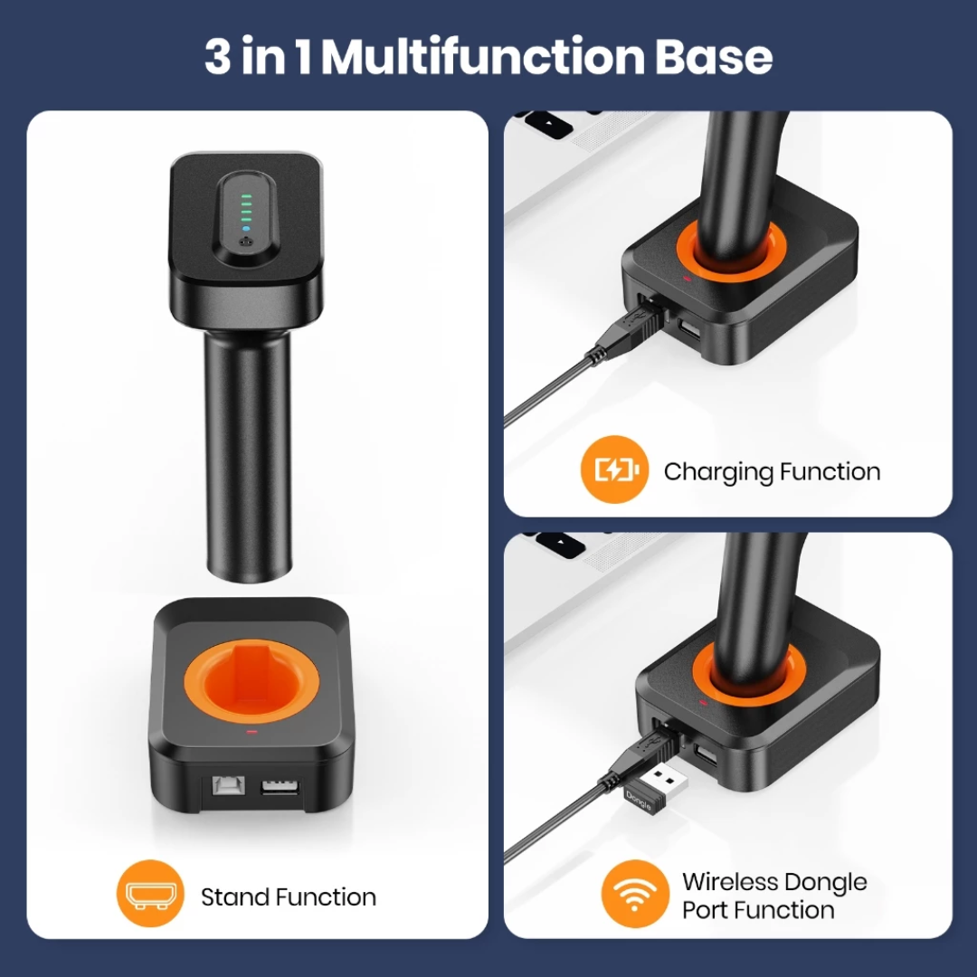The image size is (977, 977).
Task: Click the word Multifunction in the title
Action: coord(483,57)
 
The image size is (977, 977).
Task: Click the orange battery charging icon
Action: coord(614,470)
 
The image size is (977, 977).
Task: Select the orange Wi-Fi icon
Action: coord(635,894)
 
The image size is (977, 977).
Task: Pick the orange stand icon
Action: coord(150,894)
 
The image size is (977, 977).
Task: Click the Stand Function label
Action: coord(289,897)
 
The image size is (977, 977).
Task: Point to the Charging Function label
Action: coord(772,472)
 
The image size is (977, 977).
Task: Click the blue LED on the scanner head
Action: coord(246,229)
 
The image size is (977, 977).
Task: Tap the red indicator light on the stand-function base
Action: coord(251,731)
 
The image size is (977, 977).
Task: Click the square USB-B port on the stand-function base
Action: coord(228,785)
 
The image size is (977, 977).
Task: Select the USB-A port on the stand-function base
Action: coord(280,787)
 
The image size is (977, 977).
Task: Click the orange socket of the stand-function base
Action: coord(251,680)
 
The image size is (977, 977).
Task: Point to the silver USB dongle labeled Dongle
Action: coord(657,789)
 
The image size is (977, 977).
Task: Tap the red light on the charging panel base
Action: coord(688,279)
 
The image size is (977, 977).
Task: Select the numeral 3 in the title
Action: coord(218,57)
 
